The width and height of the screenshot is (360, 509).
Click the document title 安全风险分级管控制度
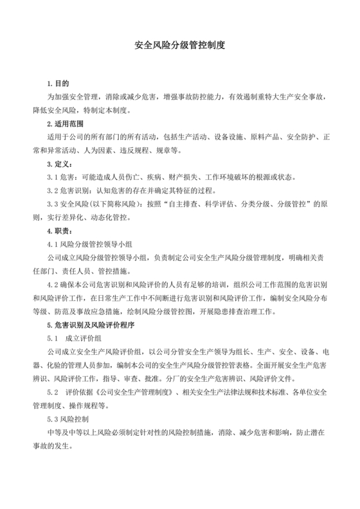coord(179,46)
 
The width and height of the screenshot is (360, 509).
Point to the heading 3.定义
coord(60,163)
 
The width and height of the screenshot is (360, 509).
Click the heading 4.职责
coord(60,230)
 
